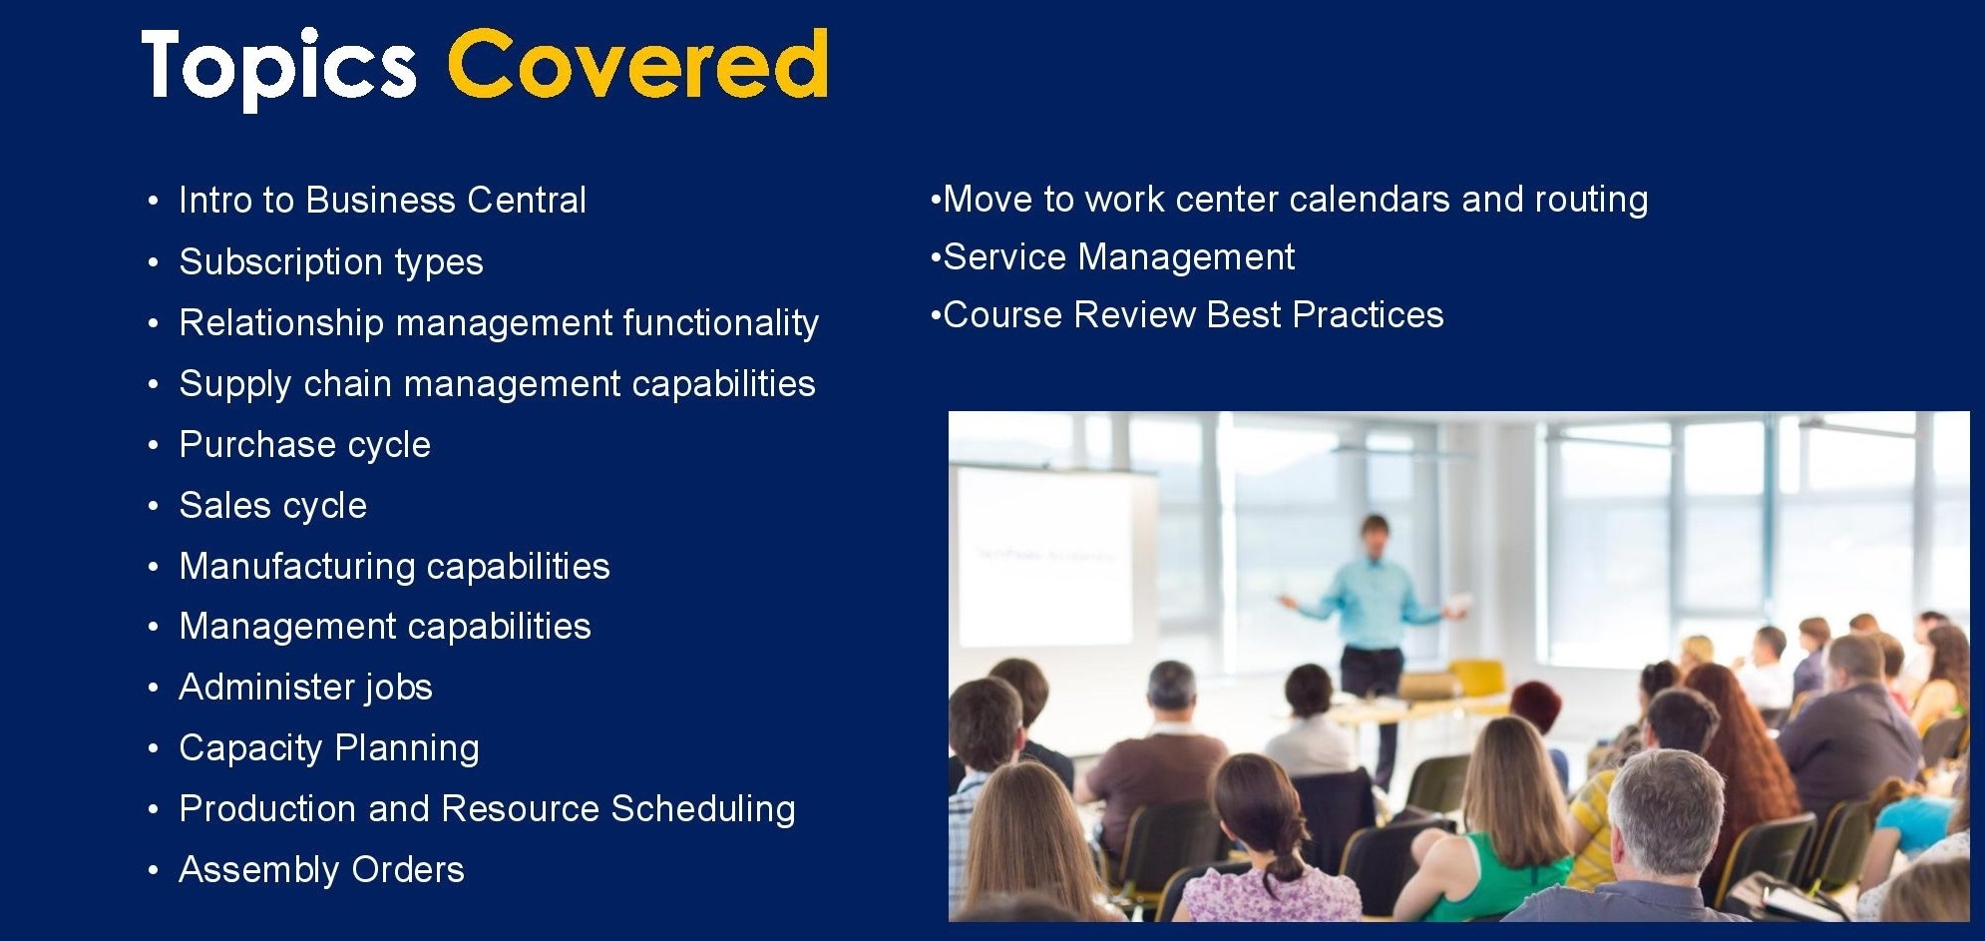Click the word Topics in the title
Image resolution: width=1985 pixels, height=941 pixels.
click(278, 67)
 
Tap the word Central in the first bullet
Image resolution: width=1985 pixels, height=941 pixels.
click(527, 200)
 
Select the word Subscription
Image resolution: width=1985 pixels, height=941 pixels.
click(280, 261)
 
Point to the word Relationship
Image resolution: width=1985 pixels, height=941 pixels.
click(281, 323)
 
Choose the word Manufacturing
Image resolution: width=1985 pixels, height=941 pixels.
click(297, 567)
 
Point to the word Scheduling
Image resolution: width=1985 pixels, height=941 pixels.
click(703, 809)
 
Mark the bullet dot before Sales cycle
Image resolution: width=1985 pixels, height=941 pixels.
click(153, 507)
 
